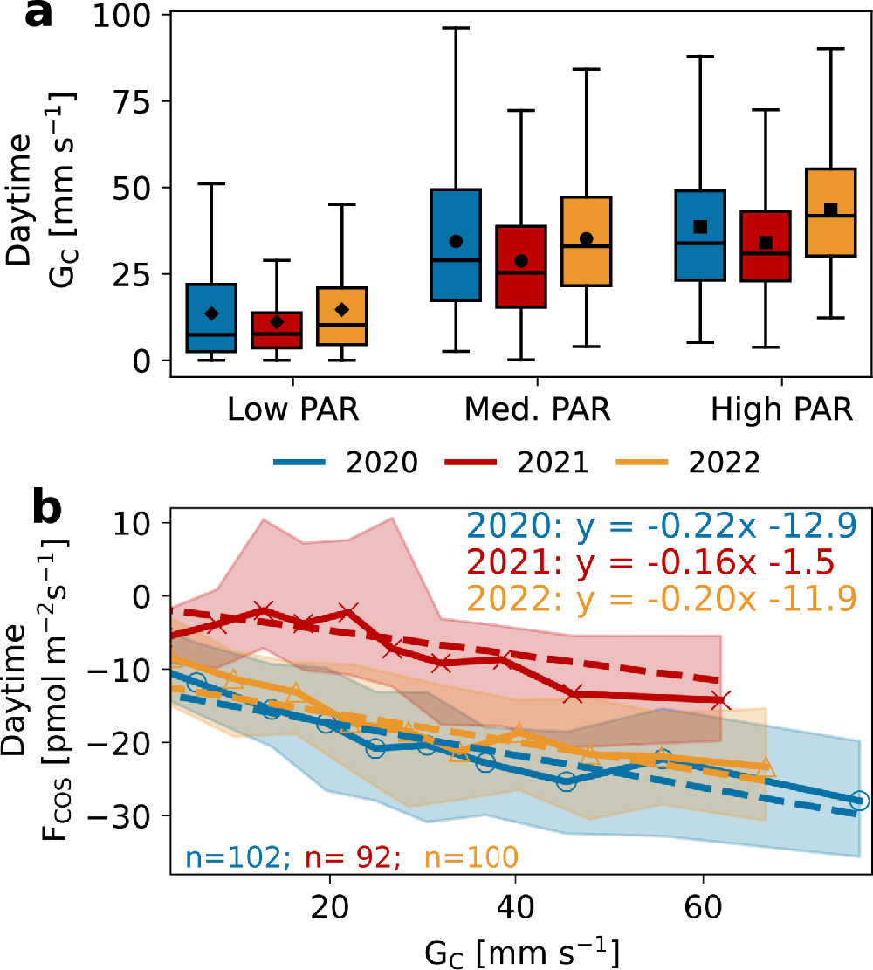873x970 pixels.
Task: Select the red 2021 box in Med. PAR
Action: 521,266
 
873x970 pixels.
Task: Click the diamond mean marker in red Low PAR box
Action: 277,322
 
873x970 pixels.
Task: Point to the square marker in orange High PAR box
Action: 831,210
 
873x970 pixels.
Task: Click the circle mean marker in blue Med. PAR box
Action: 456,241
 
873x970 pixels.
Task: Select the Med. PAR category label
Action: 538,409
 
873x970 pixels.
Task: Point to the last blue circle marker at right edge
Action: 859,801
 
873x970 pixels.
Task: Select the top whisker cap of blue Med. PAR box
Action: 456,28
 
